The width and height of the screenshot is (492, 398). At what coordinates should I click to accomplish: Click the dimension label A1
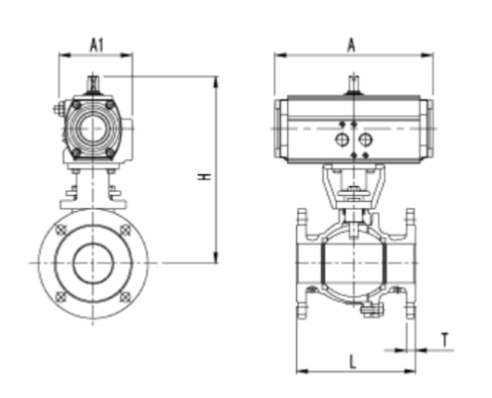pyautogui.click(x=96, y=45)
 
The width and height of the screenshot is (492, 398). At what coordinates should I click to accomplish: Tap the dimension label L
pyautogui.click(x=353, y=362)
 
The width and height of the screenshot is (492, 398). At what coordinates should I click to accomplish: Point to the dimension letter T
pyautogui.click(x=445, y=340)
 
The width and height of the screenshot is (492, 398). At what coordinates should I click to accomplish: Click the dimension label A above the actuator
pyautogui.click(x=352, y=44)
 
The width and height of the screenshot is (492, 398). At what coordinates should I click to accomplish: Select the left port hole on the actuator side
pyautogui.click(x=342, y=141)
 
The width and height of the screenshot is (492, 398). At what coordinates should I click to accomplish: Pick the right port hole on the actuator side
pyautogui.click(x=364, y=141)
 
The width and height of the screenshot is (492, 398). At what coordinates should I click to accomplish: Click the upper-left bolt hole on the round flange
pyautogui.click(x=64, y=231)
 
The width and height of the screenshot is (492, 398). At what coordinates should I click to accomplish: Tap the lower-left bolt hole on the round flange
pyautogui.click(x=64, y=296)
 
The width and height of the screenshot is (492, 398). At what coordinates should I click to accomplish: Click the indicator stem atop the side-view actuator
pyautogui.click(x=352, y=87)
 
